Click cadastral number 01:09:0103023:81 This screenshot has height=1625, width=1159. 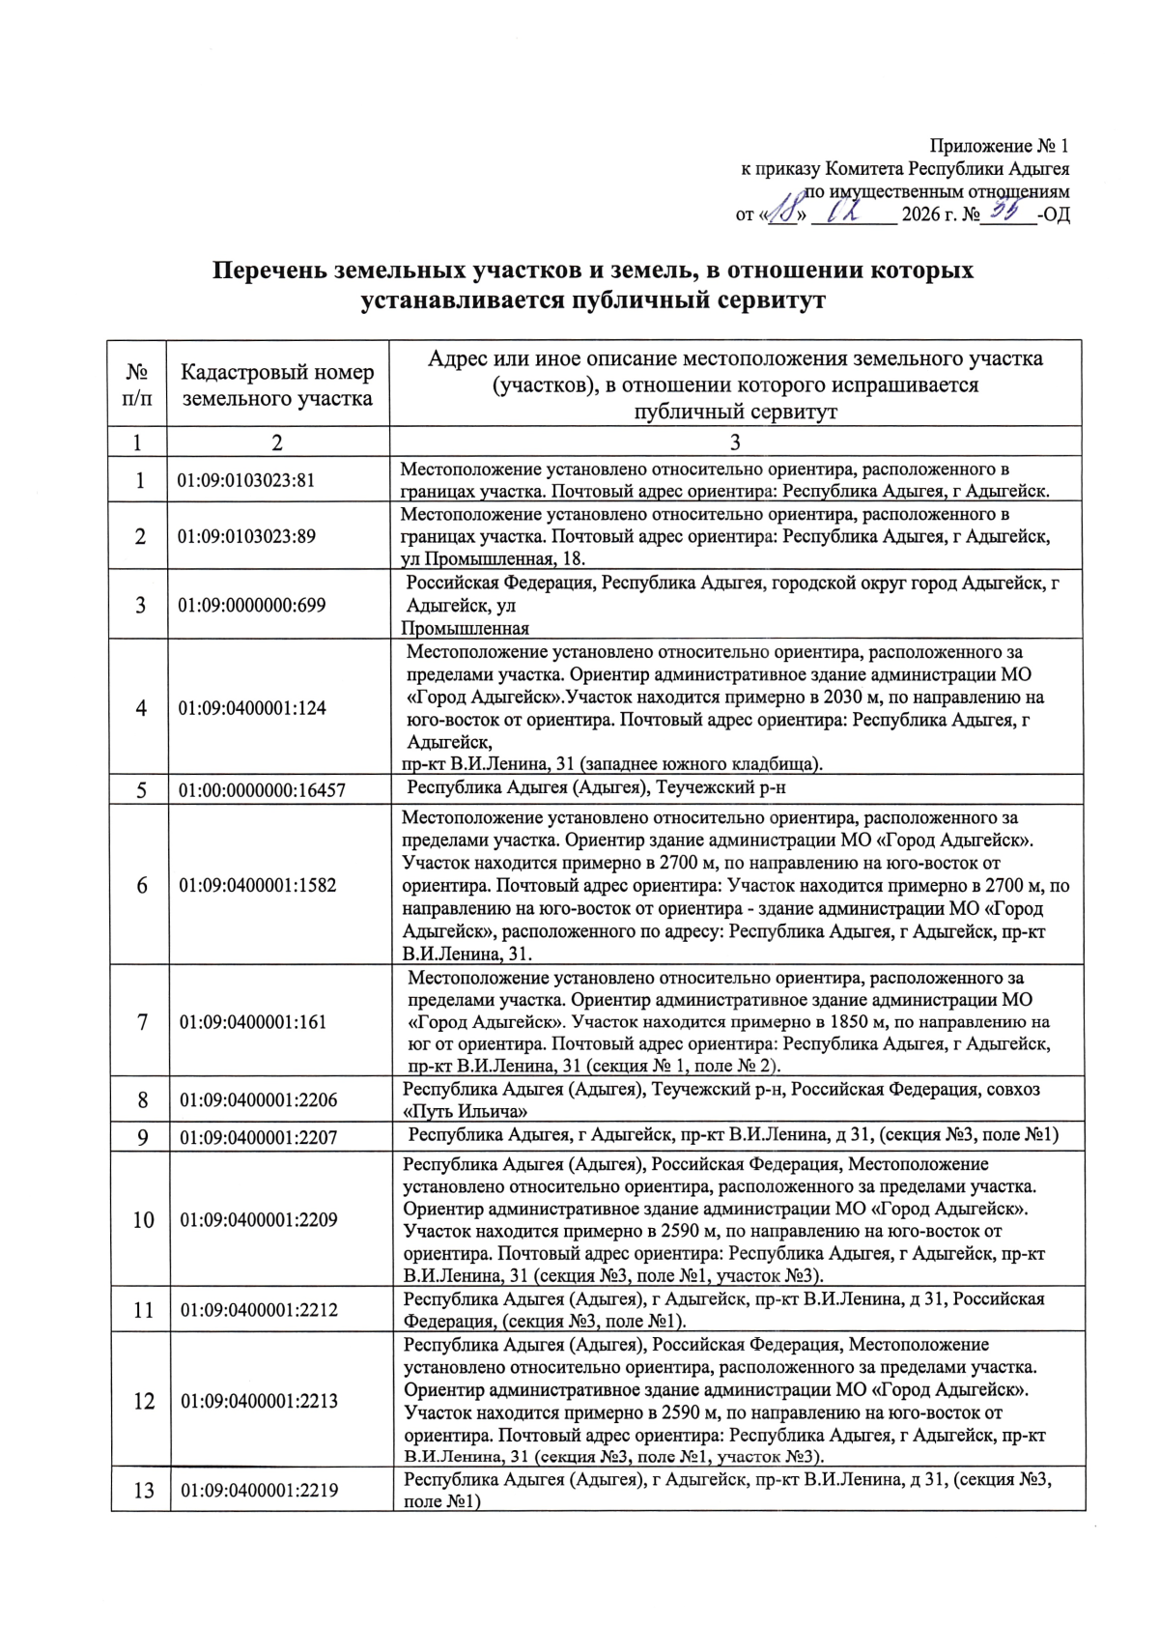pyautogui.click(x=246, y=480)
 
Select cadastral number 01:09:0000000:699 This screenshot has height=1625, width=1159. pyautogui.click(x=252, y=606)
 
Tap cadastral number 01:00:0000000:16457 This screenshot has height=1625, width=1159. pyautogui.click(x=262, y=790)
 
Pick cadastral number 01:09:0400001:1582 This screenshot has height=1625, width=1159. pyautogui.click(x=258, y=885)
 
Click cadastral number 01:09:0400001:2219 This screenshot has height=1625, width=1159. pyautogui.click(x=259, y=1490)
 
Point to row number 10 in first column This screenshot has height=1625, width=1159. pyautogui.click(x=143, y=1220)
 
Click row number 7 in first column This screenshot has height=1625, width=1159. pyautogui.click(x=142, y=1022)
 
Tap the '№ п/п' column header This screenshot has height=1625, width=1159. pyautogui.click(x=138, y=385)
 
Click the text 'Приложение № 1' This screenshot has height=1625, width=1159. pyautogui.click(x=1000, y=146)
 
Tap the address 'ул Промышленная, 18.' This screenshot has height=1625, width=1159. pyautogui.click(x=494, y=558)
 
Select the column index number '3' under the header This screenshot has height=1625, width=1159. pyautogui.click(x=735, y=442)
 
